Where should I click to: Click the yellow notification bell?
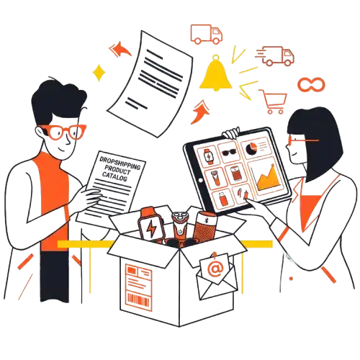click(216, 74)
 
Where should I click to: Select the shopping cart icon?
click(274, 101)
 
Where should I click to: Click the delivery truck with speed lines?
click(276, 56)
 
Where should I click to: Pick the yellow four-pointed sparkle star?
click(99, 73)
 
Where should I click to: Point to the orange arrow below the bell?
click(200, 112)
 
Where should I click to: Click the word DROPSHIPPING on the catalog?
click(120, 163)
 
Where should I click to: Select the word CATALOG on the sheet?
click(114, 176)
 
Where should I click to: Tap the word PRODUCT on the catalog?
click(117, 170)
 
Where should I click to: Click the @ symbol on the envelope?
click(215, 268)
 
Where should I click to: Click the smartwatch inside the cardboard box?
click(150, 225)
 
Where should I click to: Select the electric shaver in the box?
click(179, 225)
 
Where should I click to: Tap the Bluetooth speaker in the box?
click(204, 227)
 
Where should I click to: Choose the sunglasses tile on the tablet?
click(228, 153)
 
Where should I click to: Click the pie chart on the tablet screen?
click(251, 148)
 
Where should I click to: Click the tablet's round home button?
click(201, 181)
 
